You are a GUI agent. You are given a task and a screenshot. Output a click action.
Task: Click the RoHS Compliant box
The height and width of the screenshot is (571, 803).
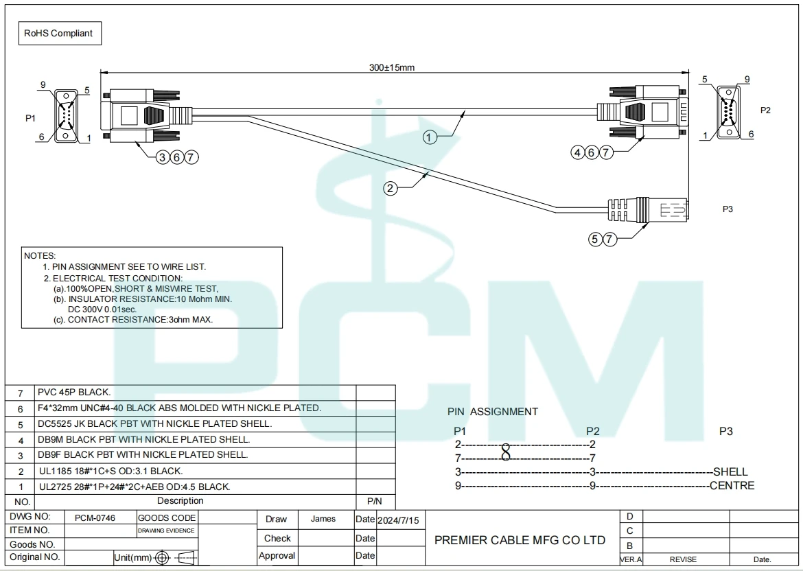click(60, 34)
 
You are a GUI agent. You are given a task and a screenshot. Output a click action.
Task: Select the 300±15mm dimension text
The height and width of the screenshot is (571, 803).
click(392, 67)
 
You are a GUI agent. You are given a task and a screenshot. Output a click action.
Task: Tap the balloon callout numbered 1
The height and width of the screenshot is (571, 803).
click(430, 137)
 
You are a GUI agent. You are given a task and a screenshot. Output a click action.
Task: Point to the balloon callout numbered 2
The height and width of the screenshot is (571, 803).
click(391, 189)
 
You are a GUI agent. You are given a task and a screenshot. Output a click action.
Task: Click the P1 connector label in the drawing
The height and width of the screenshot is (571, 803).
click(31, 118)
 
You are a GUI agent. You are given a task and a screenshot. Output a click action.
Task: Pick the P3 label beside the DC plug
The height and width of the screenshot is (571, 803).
click(728, 209)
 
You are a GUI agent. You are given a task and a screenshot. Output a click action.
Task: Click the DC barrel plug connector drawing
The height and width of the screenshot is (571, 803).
click(648, 210)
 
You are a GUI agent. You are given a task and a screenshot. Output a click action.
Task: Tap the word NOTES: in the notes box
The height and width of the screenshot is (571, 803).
click(40, 256)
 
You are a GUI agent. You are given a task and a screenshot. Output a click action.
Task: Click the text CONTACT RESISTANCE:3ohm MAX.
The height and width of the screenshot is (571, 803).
click(140, 320)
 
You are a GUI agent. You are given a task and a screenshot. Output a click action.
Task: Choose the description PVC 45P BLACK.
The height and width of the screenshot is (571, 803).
click(74, 393)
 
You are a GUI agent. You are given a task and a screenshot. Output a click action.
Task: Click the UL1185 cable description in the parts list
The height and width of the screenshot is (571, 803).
click(111, 471)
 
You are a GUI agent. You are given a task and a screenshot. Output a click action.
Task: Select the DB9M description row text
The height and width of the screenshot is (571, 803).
click(144, 439)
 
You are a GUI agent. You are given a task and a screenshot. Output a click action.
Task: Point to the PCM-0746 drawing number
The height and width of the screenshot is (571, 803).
click(95, 517)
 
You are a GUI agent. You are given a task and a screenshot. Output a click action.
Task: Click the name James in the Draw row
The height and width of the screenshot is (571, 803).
click(323, 519)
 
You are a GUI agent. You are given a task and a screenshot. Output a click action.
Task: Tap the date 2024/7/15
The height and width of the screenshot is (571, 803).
click(398, 521)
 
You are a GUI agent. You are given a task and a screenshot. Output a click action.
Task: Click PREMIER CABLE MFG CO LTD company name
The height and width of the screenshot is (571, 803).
click(520, 540)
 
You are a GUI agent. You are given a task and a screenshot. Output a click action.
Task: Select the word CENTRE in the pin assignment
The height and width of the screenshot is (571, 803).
click(732, 485)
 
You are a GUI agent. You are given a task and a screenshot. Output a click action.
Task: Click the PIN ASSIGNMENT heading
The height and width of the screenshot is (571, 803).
click(493, 412)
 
